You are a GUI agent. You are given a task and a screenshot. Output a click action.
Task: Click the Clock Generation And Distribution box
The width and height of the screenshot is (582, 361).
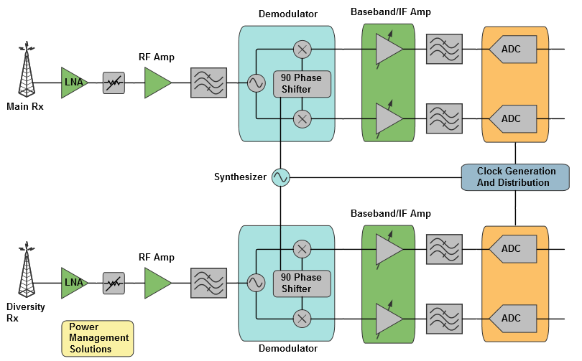tap(515, 177)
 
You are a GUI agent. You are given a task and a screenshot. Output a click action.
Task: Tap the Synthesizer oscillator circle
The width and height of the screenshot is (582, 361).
tap(280, 177)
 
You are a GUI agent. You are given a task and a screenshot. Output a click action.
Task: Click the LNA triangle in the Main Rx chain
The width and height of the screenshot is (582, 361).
tap(73, 83)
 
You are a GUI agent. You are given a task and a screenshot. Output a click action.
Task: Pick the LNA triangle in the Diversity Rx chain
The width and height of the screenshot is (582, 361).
tap(73, 283)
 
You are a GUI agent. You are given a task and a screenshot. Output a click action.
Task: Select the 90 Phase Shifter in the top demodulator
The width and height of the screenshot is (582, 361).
tap(302, 83)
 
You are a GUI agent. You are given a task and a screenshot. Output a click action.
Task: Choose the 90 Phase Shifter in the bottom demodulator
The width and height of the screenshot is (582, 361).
tap(302, 283)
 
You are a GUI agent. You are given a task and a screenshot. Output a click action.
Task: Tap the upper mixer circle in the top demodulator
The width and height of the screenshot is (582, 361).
tap(302, 49)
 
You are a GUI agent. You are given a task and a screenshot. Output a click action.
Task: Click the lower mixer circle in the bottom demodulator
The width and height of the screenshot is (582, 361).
tap(302, 318)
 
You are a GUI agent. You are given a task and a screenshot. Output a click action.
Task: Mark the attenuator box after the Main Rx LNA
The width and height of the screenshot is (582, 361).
tap(114, 83)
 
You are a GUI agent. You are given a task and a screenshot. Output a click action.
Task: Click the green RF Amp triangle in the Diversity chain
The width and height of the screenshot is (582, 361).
tap(157, 283)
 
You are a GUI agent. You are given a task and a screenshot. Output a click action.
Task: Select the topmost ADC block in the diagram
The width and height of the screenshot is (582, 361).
tap(512, 50)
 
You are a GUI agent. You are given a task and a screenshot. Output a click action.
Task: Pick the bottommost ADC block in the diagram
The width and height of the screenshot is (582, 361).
tap(512, 318)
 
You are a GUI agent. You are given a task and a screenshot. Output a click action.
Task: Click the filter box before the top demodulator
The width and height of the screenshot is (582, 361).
tap(209, 83)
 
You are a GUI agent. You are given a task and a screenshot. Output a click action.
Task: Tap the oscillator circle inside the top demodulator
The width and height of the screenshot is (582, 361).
tap(256, 83)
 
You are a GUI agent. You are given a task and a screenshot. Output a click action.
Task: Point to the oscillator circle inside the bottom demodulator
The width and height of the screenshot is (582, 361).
tap(256, 283)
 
